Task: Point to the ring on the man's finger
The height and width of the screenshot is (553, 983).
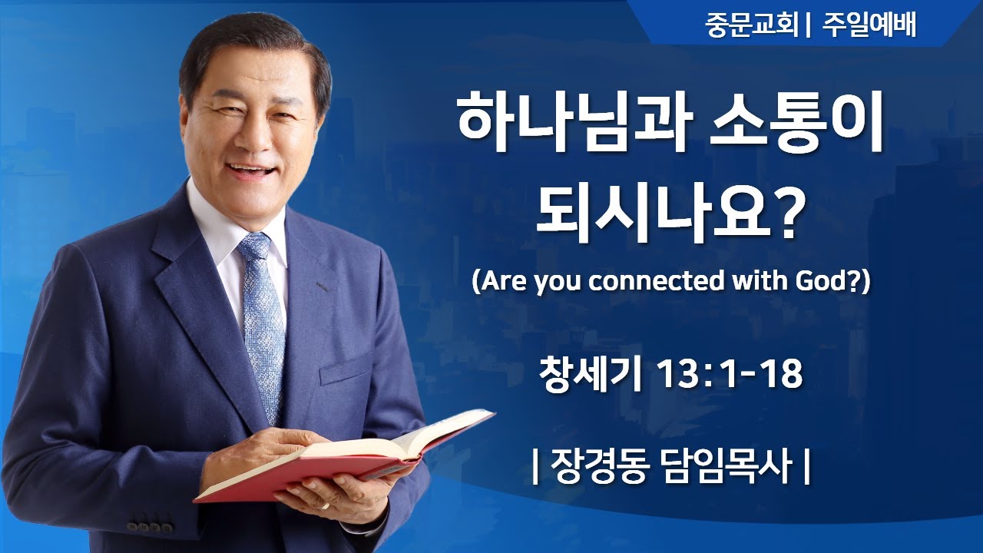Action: pos(326,506)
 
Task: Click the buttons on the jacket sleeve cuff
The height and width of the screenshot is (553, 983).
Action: pos(151,527)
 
